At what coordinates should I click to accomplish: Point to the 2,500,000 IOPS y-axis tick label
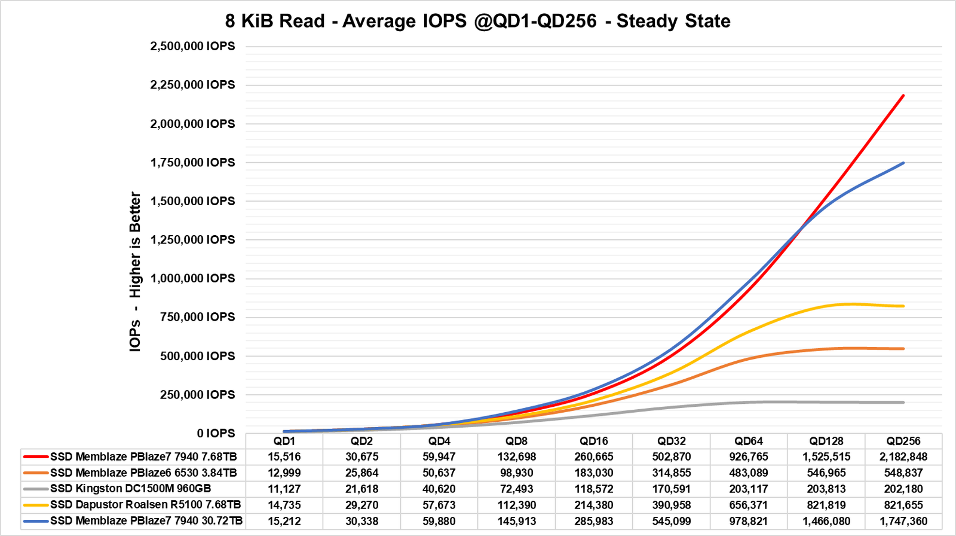[192, 46]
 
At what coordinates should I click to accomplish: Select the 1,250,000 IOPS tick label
[192, 239]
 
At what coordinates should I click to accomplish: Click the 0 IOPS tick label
[216, 433]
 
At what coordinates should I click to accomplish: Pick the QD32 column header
[671, 441]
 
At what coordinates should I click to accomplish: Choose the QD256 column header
[903, 441]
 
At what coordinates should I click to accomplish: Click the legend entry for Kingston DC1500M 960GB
[130, 489]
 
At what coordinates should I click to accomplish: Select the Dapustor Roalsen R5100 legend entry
[145, 505]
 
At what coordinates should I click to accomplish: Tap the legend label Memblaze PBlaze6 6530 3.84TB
[143, 473]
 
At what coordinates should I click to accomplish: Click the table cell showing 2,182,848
[903, 457]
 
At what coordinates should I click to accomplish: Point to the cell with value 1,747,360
[903, 521]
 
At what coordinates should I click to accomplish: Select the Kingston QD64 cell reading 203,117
[749, 489]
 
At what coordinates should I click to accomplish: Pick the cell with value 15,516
[284, 457]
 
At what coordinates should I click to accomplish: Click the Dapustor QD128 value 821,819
[826, 505]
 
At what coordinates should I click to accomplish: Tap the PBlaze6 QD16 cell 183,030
[594, 473]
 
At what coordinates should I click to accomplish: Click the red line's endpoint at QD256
[903, 95]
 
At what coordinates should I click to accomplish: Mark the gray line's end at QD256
[903, 402]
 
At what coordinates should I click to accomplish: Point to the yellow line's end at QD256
[903, 306]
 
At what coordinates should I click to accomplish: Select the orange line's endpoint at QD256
[903, 349]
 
